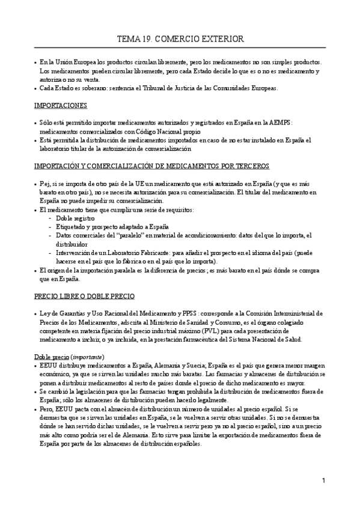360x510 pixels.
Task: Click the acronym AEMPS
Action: (281, 123)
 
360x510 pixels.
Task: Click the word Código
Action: (156, 131)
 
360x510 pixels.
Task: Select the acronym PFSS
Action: (206, 314)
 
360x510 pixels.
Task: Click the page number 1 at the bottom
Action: (323, 481)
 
